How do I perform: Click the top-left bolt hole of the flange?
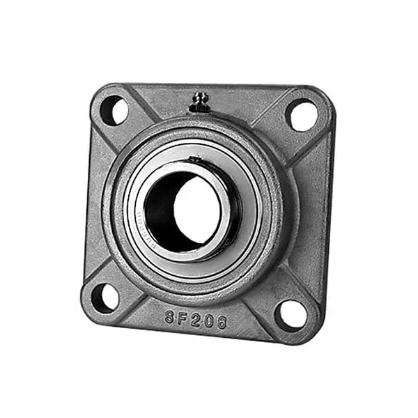[x=114, y=111]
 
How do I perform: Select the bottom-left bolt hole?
[x=105, y=297]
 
